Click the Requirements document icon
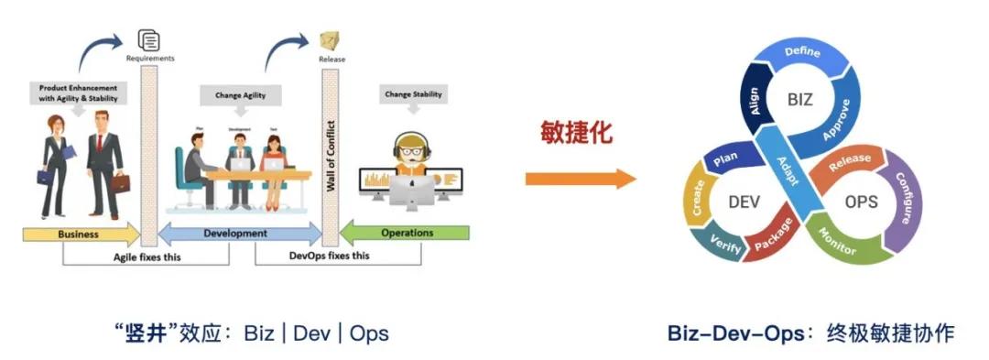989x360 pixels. (x=147, y=39)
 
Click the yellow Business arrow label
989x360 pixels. (x=78, y=234)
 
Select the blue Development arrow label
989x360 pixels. (x=235, y=234)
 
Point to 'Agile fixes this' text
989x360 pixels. (x=147, y=256)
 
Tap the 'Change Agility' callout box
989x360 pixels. (x=241, y=94)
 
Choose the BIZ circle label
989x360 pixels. (x=800, y=100)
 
